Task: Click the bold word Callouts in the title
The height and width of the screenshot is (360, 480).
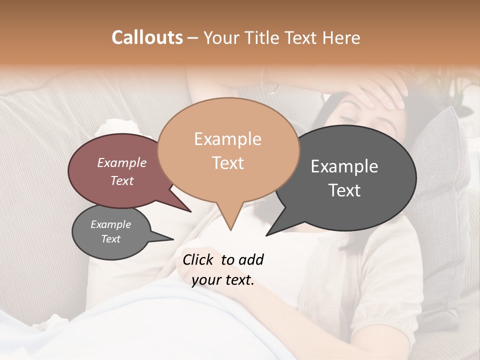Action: pyautogui.click(x=147, y=37)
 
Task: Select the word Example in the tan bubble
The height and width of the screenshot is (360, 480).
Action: pyautogui.click(x=227, y=139)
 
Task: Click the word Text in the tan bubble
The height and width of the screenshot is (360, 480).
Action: pyautogui.click(x=227, y=163)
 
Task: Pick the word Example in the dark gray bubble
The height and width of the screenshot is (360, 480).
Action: pyautogui.click(x=344, y=166)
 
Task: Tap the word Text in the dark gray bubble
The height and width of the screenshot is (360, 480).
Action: pyautogui.click(x=344, y=190)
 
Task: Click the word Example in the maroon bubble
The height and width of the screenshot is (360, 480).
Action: pyautogui.click(x=121, y=163)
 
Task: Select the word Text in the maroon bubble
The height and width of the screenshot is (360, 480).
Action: pyautogui.click(x=121, y=181)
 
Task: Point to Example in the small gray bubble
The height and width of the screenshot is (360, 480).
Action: pyautogui.click(x=110, y=224)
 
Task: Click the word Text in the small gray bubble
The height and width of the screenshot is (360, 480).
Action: pyautogui.click(x=110, y=239)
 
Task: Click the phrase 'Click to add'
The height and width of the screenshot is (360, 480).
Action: pyautogui.click(x=223, y=259)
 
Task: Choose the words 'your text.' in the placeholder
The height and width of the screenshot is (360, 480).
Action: pyautogui.click(x=223, y=280)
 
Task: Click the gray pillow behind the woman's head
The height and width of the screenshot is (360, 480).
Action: pyautogui.click(x=440, y=165)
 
